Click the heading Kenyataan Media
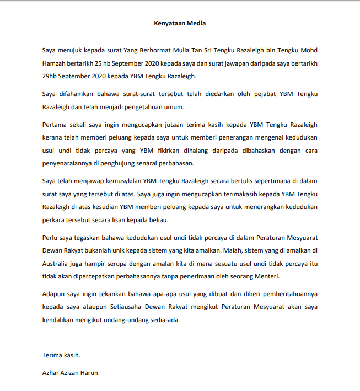point(180,24)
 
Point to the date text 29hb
point(51,76)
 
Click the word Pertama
point(56,124)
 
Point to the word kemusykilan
point(118,181)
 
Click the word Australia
point(58,264)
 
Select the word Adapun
point(56,294)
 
